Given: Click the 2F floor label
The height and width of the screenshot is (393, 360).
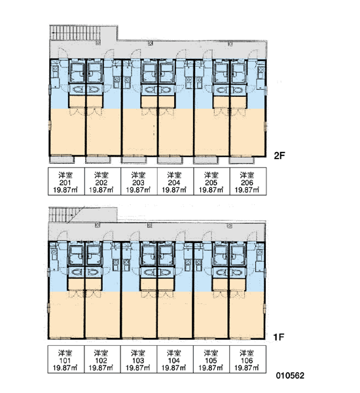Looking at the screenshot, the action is tap(279, 156).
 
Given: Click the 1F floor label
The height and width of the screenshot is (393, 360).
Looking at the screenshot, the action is tap(279, 337).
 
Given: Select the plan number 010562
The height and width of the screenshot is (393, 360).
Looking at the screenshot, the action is tap(290, 375).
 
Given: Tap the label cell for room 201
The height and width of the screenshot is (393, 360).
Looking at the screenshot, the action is tap(66, 181).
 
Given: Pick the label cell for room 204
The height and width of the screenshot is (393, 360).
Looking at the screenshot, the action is tap(175, 181).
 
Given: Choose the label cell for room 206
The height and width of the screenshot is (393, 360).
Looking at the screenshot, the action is tap(248, 181).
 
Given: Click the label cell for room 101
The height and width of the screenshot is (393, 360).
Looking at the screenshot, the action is tap(66, 359).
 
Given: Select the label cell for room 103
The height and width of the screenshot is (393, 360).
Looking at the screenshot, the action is tap(139, 359).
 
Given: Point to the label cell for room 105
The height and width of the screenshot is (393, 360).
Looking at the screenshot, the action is tap(211, 359).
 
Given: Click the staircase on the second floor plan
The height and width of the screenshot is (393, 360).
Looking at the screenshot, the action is tap(75, 33).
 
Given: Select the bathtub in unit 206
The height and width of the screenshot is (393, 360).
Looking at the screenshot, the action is tap(239, 73).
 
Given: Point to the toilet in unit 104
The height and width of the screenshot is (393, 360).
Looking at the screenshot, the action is tap(166, 272).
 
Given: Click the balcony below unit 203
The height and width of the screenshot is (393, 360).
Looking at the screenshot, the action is tap(134, 160).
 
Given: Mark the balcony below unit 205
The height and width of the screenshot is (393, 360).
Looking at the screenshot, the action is tap(206, 160).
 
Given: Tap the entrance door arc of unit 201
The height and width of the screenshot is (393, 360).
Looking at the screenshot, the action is tap(62, 53).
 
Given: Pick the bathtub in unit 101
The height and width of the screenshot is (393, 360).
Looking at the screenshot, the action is tap(76, 255).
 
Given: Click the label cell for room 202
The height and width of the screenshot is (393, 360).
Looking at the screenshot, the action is tap(103, 181).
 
